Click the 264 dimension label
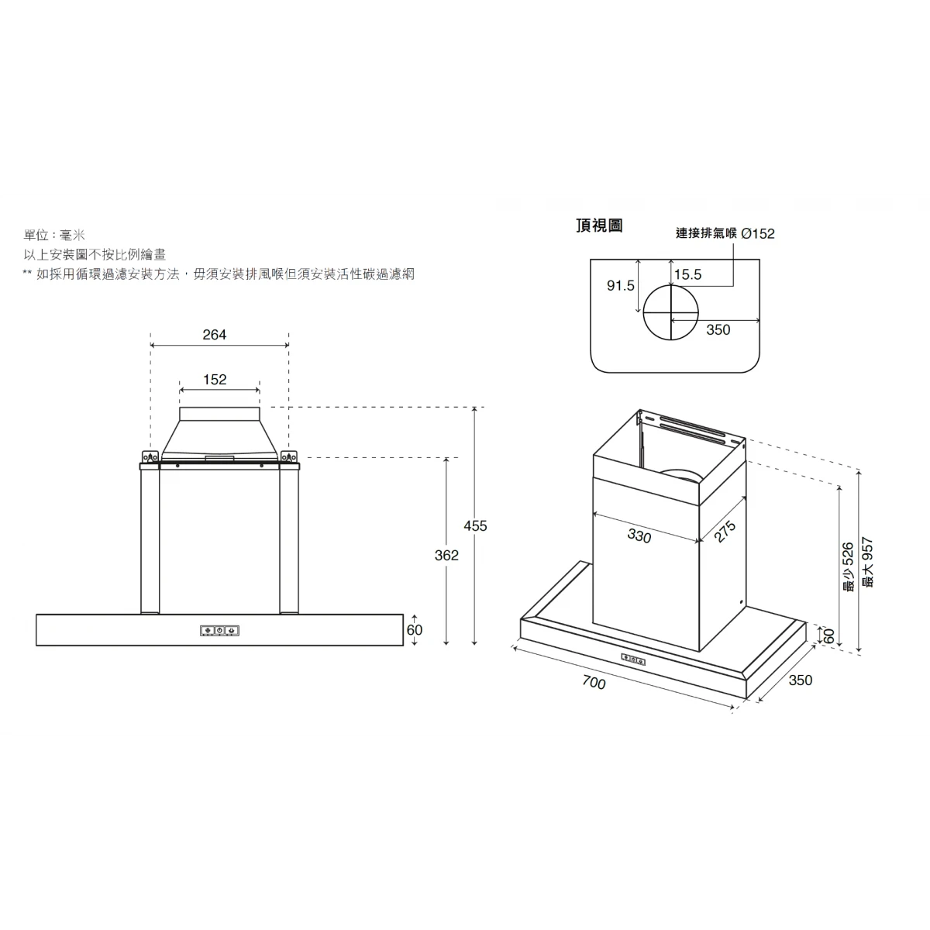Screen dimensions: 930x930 (x=214, y=335)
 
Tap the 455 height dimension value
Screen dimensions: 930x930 (x=475, y=526)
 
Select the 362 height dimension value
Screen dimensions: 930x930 (x=446, y=556)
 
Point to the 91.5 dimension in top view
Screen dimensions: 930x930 (x=620, y=286)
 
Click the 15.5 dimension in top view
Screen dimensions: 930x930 (x=687, y=274)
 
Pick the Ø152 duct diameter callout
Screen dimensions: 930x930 (x=758, y=233)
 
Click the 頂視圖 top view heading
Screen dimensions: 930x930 (x=599, y=226)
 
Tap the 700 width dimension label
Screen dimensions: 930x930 (x=594, y=683)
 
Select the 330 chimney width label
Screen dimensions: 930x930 (x=639, y=536)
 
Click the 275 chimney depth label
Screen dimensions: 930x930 (x=725, y=532)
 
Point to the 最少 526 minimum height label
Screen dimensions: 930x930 (x=848, y=567)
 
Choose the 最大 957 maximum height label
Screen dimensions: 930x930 (x=867, y=563)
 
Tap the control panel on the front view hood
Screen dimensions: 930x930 (x=219, y=630)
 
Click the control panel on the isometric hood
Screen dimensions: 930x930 (x=633, y=659)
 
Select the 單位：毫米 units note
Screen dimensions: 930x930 (x=54, y=236)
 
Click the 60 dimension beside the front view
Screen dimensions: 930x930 (x=415, y=630)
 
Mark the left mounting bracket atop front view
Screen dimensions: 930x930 (x=150, y=456)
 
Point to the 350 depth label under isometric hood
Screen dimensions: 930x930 (x=801, y=680)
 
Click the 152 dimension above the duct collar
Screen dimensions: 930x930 (x=215, y=379)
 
